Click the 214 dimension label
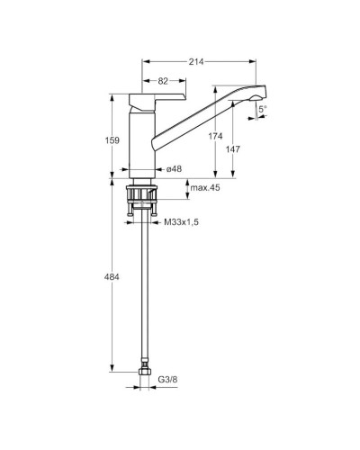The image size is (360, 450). tap(196, 62)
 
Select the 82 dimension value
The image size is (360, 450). tap(163, 81)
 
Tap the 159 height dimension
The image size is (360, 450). tap(112, 140)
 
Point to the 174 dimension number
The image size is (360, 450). tap(216, 136)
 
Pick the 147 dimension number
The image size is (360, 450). tap(233, 149)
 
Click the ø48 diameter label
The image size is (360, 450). tap(174, 169)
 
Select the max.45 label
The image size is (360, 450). tap(205, 188)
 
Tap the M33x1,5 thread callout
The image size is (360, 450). tap(181, 222)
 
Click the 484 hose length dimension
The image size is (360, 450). tap(112, 277)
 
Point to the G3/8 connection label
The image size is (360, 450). tap(167, 380)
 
